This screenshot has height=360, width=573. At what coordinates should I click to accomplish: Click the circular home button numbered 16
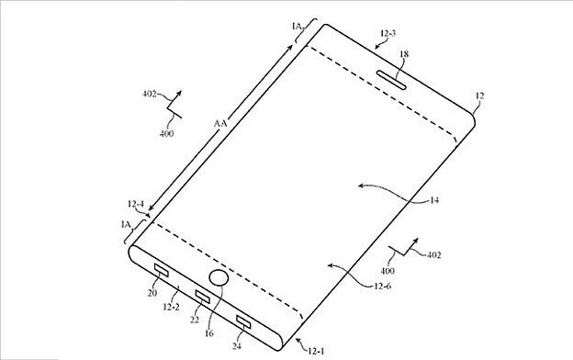(x=219, y=277)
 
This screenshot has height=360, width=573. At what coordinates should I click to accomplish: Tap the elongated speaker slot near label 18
(x=392, y=80)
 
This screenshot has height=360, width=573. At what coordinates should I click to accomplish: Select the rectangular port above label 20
(x=162, y=270)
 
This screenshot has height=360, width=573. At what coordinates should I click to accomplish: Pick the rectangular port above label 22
(x=203, y=296)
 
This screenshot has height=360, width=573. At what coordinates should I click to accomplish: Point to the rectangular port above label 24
(x=243, y=321)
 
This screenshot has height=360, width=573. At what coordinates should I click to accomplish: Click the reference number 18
(x=404, y=54)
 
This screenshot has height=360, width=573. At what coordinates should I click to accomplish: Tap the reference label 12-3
(x=388, y=33)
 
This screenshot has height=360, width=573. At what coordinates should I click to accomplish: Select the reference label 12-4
(x=136, y=204)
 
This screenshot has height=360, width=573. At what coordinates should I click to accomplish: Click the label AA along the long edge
(x=220, y=124)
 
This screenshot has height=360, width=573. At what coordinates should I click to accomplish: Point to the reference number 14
(x=434, y=200)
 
